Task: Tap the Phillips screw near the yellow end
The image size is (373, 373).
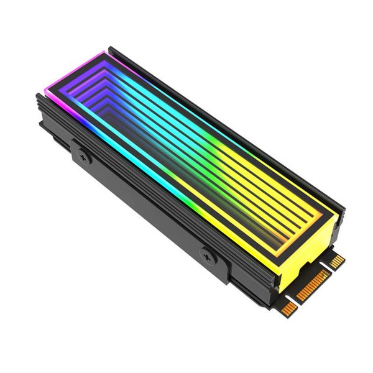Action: [x=208, y=255]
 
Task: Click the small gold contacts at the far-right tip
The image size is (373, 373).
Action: [x=336, y=262]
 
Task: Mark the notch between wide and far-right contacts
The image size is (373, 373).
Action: [x=328, y=267]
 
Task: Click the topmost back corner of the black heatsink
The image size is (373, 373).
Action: [x=111, y=48]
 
